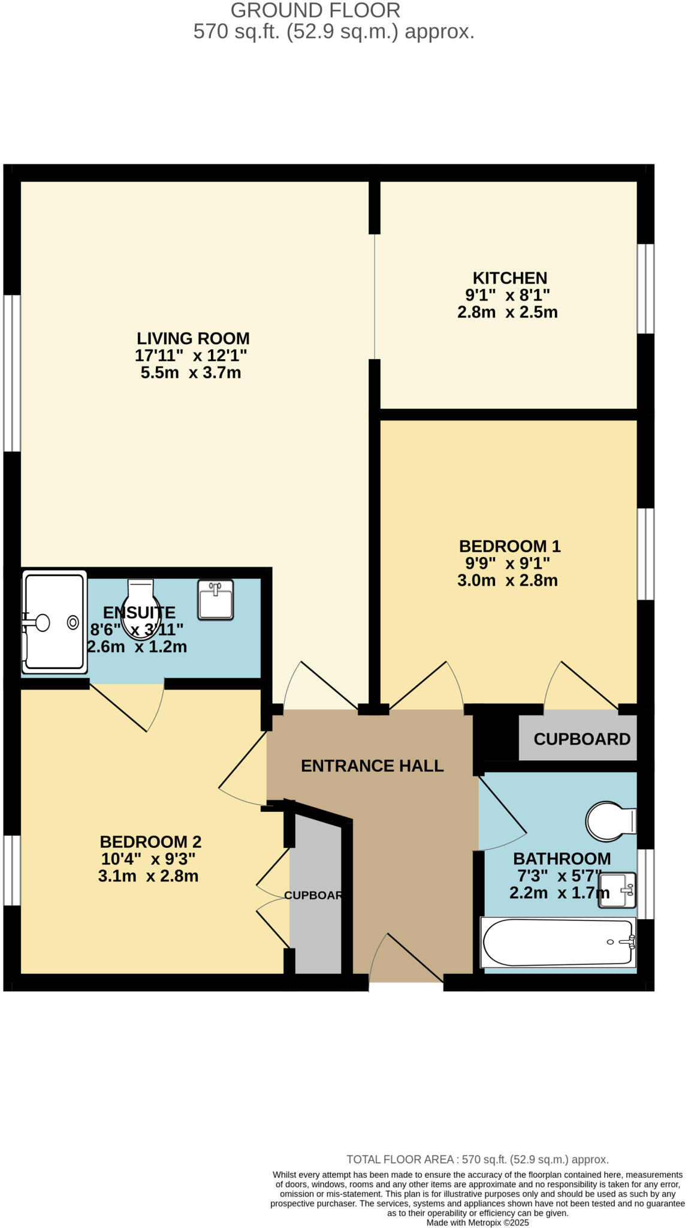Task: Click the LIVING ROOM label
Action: pyautogui.click(x=192, y=338)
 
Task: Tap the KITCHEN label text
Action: pyautogui.click(x=510, y=278)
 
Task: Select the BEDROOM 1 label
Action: pyautogui.click(x=509, y=546)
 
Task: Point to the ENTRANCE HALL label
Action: pyautogui.click(x=372, y=766)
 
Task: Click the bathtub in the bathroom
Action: pyautogui.click(x=557, y=943)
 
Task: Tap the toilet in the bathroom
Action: pyautogui.click(x=609, y=821)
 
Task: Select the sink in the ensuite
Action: pyautogui.click(x=215, y=599)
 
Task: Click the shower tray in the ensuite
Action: pyautogui.click(x=54, y=622)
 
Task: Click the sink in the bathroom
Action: pyautogui.click(x=617, y=890)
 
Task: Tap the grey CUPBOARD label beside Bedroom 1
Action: pyautogui.click(x=581, y=739)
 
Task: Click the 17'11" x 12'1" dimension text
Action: pyautogui.click(x=191, y=356)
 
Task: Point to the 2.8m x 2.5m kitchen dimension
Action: pyautogui.click(x=507, y=312)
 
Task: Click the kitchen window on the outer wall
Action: pyautogui.click(x=645, y=288)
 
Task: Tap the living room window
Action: pyautogui.click(x=12, y=372)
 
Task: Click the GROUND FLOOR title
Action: pyautogui.click(x=315, y=10)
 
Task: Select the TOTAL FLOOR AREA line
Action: pyautogui.click(x=477, y=1160)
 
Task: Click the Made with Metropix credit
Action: pyautogui.click(x=477, y=1223)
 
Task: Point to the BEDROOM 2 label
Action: pyautogui.click(x=150, y=842)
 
